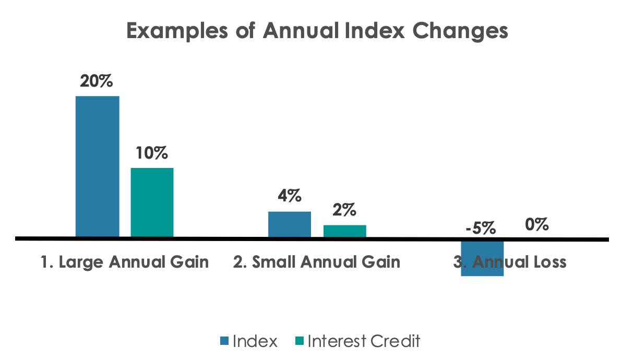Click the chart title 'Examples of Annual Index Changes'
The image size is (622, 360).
(317, 31)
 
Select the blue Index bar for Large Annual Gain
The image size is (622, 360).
(98, 166)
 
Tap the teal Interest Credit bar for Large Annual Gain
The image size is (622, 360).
(152, 202)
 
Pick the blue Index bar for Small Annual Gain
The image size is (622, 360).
(290, 224)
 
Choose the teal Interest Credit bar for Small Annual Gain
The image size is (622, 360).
(344, 231)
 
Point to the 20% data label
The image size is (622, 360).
(97, 82)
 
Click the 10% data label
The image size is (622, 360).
(152, 153)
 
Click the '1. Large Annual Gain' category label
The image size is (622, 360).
(125, 262)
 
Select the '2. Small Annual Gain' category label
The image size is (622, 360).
(317, 262)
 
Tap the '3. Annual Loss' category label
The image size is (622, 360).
(509, 262)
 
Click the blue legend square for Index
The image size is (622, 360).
(224, 342)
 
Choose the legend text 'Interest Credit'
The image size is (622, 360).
(364, 342)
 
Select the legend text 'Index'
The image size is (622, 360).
(255, 342)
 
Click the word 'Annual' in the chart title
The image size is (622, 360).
(298, 31)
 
